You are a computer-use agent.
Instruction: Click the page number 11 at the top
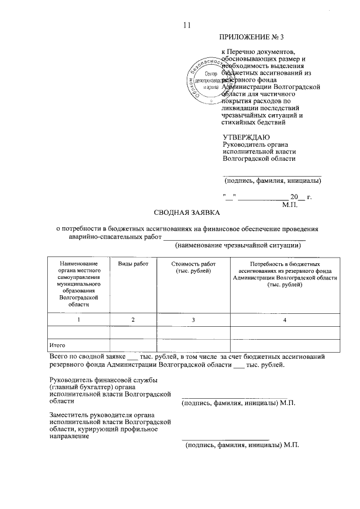pyautogui.click(x=187, y=25)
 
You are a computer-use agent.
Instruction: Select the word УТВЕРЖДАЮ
pyautogui.click(x=246, y=137)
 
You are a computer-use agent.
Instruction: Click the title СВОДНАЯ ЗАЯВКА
pyautogui.click(x=188, y=213)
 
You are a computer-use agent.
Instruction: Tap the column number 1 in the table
pyautogui.click(x=79, y=319)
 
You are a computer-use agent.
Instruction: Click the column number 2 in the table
pyautogui.click(x=133, y=319)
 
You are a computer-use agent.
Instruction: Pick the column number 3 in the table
pyautogui.click(x=193, y=319)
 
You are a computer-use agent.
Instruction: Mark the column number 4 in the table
pyautogui.click(x=285, y=319)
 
